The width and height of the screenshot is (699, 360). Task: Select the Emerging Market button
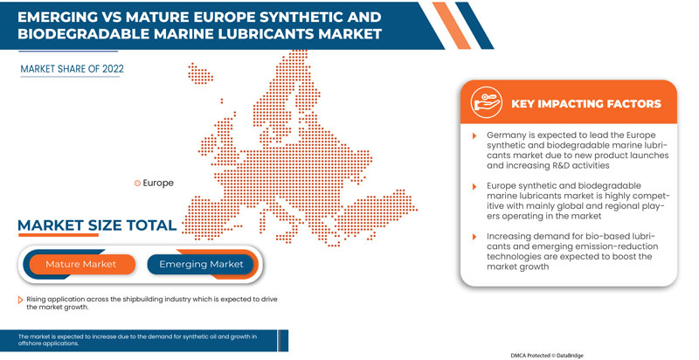pos(200,264)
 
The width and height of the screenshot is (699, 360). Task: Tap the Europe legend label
pos(157,183)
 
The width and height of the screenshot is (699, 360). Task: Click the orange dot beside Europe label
pos(137,183)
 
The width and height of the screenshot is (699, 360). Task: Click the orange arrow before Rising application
pos(21,300)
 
